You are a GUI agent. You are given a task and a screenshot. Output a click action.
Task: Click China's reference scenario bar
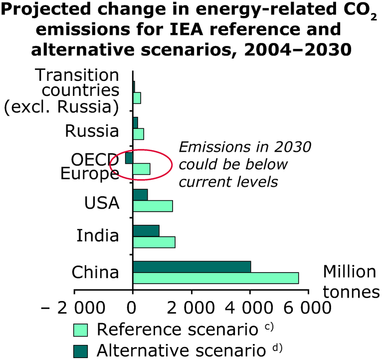pos(215,278)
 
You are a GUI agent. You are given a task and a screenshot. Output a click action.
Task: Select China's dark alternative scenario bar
pos(191,267)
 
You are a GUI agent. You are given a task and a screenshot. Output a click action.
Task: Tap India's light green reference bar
pos(154,242)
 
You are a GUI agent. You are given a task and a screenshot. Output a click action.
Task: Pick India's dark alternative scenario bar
pos(146,231)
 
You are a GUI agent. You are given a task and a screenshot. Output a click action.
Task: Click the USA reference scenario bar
pos(153,206)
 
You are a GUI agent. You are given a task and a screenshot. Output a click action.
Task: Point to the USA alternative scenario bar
pos(140,194)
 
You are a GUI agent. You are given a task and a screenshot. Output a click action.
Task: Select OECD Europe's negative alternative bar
pos(129,158)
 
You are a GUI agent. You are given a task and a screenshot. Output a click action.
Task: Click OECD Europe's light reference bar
pos(141,169)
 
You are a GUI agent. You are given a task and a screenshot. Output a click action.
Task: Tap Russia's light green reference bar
pos(138,134)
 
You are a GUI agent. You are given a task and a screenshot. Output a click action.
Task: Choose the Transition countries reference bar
pos(137,98)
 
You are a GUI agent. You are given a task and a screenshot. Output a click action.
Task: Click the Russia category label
pos(92,131)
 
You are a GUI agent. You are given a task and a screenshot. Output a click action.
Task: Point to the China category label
pos(95,273)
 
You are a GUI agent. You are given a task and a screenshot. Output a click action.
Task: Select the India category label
pos(98,235)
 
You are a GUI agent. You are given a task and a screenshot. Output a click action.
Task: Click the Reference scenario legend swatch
pos(80,330)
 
